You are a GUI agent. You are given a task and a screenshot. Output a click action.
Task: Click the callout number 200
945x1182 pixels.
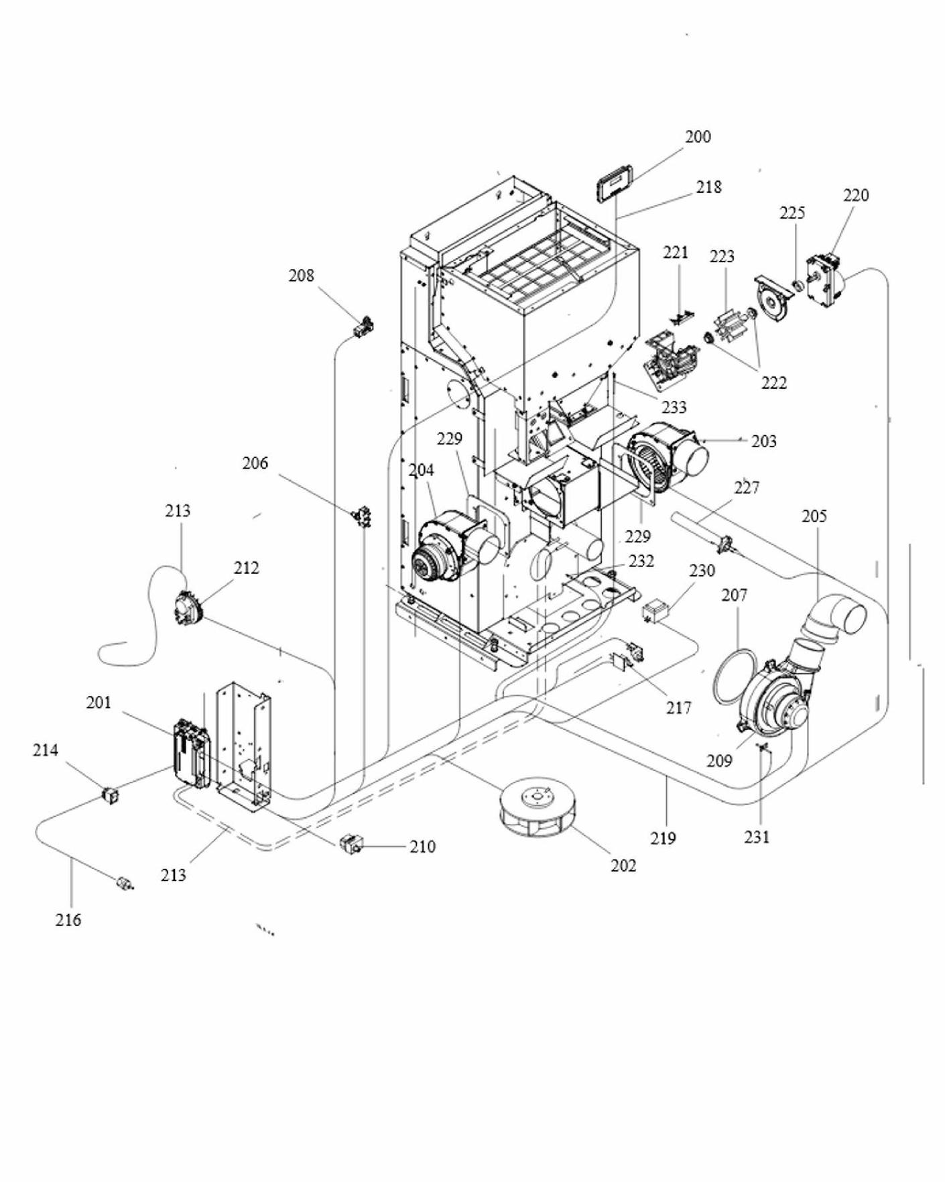(x=698, y=137)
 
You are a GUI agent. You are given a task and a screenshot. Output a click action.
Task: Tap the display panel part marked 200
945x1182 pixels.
(x=615, y=184)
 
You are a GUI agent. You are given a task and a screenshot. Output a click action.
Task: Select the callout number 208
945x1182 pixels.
(x=301, y=276)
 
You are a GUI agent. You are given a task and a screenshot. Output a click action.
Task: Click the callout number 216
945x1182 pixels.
(x=68, y=920)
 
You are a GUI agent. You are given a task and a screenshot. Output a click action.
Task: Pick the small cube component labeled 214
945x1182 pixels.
(x=109, y=796)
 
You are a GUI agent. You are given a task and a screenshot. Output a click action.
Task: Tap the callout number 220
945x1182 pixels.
(x=855, y=195)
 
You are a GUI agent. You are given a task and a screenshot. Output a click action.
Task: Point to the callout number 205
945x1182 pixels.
(x=814, y=516)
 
